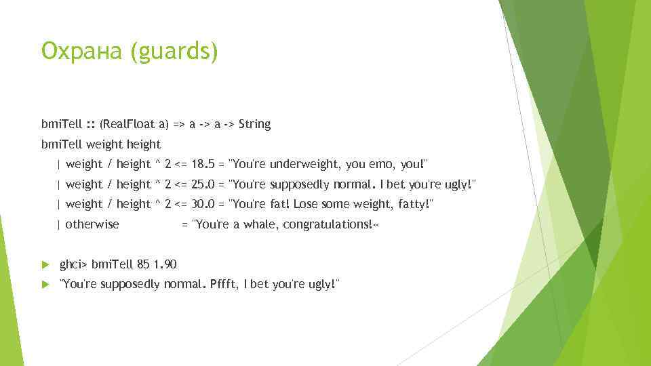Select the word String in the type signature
pyautogui.click(x=254, y=124)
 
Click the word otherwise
pyautogui.click(x=92, y=224)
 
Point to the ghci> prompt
pyautogui.click(x=74, y=264)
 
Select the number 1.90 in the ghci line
pyautogui.click(x=165, y=264)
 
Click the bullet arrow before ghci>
pyautogui.click(x=45, y=264)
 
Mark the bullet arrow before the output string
pyautogui.click(x=45, y=284)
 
